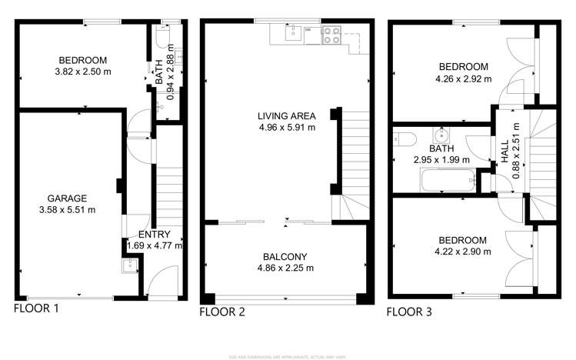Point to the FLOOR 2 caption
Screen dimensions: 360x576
[222, 312]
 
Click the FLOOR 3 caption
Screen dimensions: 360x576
[409, 312]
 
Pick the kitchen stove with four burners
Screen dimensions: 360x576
[331, 34]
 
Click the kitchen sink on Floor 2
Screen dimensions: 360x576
[291, 32]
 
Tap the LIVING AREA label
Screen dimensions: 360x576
[286, 116]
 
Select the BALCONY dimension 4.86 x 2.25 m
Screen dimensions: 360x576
[286, 268]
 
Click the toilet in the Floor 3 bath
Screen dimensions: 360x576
[403, 139]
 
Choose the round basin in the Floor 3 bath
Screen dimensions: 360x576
[441, 131]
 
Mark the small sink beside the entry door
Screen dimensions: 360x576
[129, 267]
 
